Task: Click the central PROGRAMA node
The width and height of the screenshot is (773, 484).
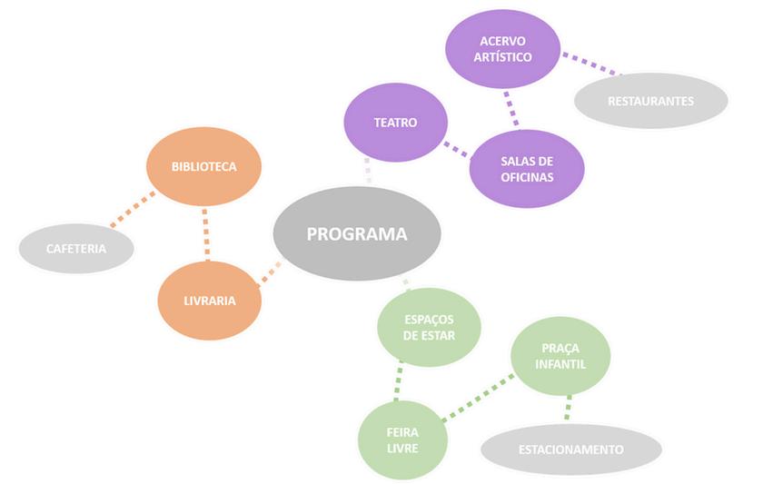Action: pos(357,233)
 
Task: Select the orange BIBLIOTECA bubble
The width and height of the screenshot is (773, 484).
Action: pos(203,166)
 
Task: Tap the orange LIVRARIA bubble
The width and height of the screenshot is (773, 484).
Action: pos(210,301)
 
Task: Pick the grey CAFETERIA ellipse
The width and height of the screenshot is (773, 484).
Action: pos(76,248)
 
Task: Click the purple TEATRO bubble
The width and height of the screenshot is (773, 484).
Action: pos(395,122)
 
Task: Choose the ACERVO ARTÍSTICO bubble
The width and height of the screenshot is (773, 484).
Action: pos(502,49)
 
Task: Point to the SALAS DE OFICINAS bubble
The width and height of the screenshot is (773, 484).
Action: pos(527,169)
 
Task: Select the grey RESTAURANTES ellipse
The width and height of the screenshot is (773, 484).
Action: pos(650,101)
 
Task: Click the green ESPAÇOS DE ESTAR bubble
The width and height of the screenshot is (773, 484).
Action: pos(429,327)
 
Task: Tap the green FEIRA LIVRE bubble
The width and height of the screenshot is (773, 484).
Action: pos(402,440)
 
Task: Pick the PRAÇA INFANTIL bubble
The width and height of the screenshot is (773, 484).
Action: pos(560,356)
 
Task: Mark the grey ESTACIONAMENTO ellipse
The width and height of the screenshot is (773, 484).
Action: pos(570,449)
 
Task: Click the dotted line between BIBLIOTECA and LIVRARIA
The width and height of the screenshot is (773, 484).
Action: pos(205,233)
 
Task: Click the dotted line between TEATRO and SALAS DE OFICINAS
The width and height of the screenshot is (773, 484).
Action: pos(457,149)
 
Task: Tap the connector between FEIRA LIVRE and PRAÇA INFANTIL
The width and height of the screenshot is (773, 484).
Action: pos(479,398)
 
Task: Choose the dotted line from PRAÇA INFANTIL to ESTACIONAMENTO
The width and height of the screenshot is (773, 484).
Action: pos(569,408)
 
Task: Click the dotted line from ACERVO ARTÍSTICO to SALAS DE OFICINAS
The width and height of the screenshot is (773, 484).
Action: pos(511,109)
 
